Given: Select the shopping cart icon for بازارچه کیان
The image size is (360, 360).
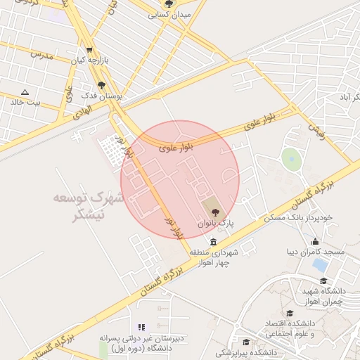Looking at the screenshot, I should pos(89,50).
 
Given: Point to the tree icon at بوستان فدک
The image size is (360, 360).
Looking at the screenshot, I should pos(101,84).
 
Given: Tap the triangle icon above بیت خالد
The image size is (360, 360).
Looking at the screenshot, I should pos(25,92).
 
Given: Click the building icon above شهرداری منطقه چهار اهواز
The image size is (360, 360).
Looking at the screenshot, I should pos(213,242).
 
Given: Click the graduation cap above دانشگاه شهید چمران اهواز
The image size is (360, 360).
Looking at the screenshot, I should pos(323,281).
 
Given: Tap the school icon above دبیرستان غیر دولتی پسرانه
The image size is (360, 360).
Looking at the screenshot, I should pos(141,328).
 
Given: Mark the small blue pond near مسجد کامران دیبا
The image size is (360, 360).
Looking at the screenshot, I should pos(321,265).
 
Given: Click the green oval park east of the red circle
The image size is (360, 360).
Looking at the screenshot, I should pos(290,159).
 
